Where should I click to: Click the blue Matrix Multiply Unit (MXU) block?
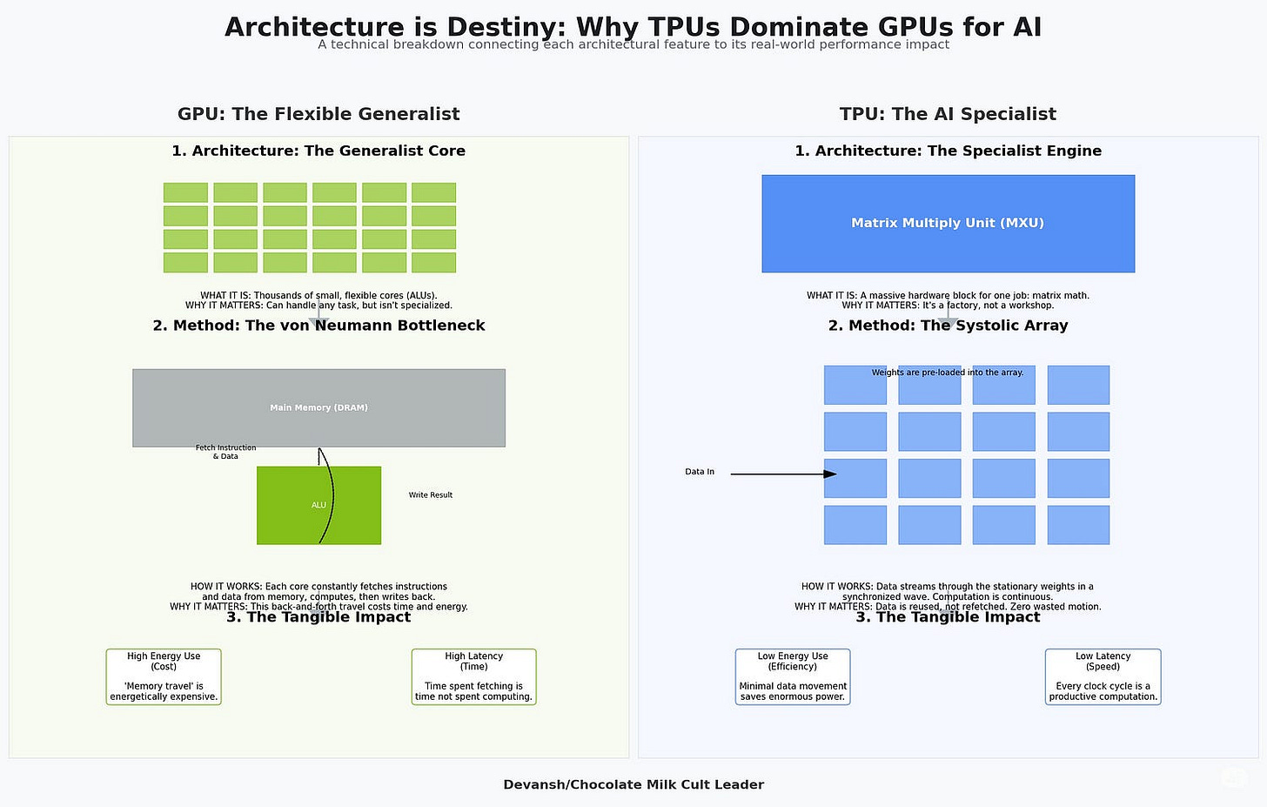pos(948,223)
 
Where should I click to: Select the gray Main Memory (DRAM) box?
pos(318,407)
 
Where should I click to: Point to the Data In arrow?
pos(782,474)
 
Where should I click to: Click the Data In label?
pos(700,472)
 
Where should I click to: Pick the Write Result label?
pos(431,494)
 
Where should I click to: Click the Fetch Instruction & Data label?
pos(225,452)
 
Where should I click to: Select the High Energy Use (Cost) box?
pos(164,676)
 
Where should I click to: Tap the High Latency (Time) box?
pos(473,676)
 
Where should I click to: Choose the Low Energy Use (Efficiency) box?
pos(793,676)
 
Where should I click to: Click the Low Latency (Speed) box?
pos(1103,676)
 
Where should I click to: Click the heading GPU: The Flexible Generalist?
pos(318,114)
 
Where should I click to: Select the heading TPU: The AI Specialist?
pos(948,114)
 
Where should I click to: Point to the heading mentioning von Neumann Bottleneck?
pos(318,326)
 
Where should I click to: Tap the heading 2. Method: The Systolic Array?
pos(948,326)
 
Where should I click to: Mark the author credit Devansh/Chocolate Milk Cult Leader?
pos(633,784)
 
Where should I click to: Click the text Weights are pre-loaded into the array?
pos(948,373)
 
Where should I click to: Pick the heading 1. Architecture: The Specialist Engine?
pos(948,151)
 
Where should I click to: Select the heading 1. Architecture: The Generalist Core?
pos(318,151)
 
